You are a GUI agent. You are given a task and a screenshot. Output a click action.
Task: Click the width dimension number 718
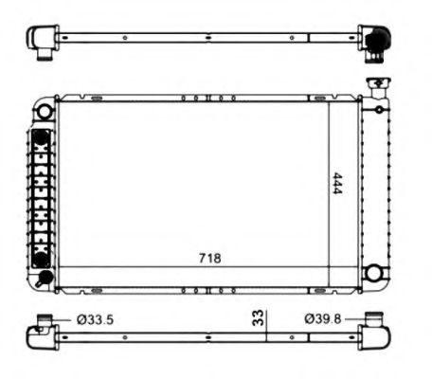[x=210, y=259]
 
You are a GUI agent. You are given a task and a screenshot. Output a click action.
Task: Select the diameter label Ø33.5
[x=95, y=320]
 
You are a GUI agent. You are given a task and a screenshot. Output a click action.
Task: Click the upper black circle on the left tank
[x=41, y=138]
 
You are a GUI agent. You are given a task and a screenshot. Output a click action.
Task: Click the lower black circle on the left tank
[x=41, y=259]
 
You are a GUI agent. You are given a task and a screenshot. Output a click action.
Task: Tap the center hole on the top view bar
[x=207, y=38]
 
